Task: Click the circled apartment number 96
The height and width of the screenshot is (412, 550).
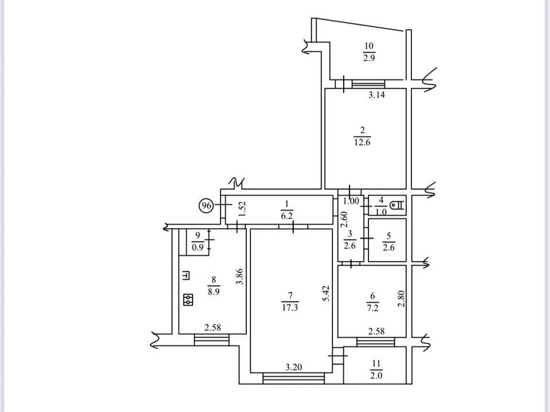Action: pos(206,205)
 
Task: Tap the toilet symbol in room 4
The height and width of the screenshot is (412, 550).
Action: pos(398,205)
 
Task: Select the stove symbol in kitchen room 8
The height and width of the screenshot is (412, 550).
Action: pos(188,299)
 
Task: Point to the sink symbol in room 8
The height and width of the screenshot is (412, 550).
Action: pos(186,276)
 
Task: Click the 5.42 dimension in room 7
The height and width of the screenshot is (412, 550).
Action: pos(326,294)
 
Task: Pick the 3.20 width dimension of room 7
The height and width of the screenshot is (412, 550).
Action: pos(293,367)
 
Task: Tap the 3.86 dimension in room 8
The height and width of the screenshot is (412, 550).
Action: pos(239,276)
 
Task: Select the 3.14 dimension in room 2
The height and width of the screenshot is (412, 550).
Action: pos(376,94)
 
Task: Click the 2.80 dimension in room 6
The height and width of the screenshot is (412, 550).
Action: pos(401,299)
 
